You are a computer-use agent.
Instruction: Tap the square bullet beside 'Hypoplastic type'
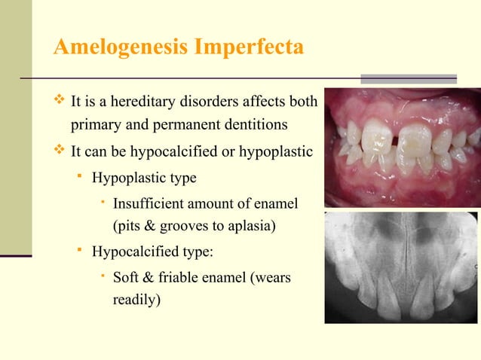pyautogui.click(x=80, y=178)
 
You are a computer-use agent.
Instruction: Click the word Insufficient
pyautogui.click(x=149, y=203)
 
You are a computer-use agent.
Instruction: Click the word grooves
pyautogui.click(x=191, y=224)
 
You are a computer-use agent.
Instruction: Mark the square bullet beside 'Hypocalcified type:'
pyautogui.click(x=80, y=251)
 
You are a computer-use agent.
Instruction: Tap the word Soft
pyautogui.click(x=127, y=277)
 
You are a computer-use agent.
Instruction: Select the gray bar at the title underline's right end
pyautogui.click(x=409, y=78)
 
